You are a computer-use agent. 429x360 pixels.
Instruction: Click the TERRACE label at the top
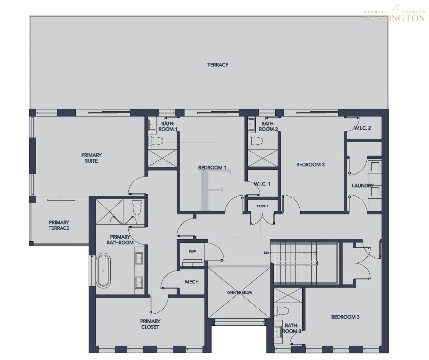tap(218, 65)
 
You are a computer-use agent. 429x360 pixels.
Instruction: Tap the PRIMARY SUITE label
tap(91, 158)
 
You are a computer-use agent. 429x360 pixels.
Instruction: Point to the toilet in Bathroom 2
tap(254, 141)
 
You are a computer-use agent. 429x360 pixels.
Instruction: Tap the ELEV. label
tap(192, 251)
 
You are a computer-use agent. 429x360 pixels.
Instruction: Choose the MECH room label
tap(192, 282)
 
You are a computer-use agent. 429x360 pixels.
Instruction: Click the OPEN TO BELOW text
tap(240, 293)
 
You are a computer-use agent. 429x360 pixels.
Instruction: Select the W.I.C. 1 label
tap(262, 184)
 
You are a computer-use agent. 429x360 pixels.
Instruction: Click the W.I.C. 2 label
tap(363, 128)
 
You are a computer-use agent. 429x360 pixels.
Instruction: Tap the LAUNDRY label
tap(363, 186)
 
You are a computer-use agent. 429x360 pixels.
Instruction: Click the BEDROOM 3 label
tap(345, 317)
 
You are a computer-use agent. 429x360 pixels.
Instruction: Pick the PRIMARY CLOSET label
tap(150, 324)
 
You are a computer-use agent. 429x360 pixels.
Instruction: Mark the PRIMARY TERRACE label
tap(59, 225)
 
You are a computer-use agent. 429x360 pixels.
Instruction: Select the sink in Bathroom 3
tap(278, 332)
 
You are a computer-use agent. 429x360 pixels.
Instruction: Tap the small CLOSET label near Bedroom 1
tap(263, 206)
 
